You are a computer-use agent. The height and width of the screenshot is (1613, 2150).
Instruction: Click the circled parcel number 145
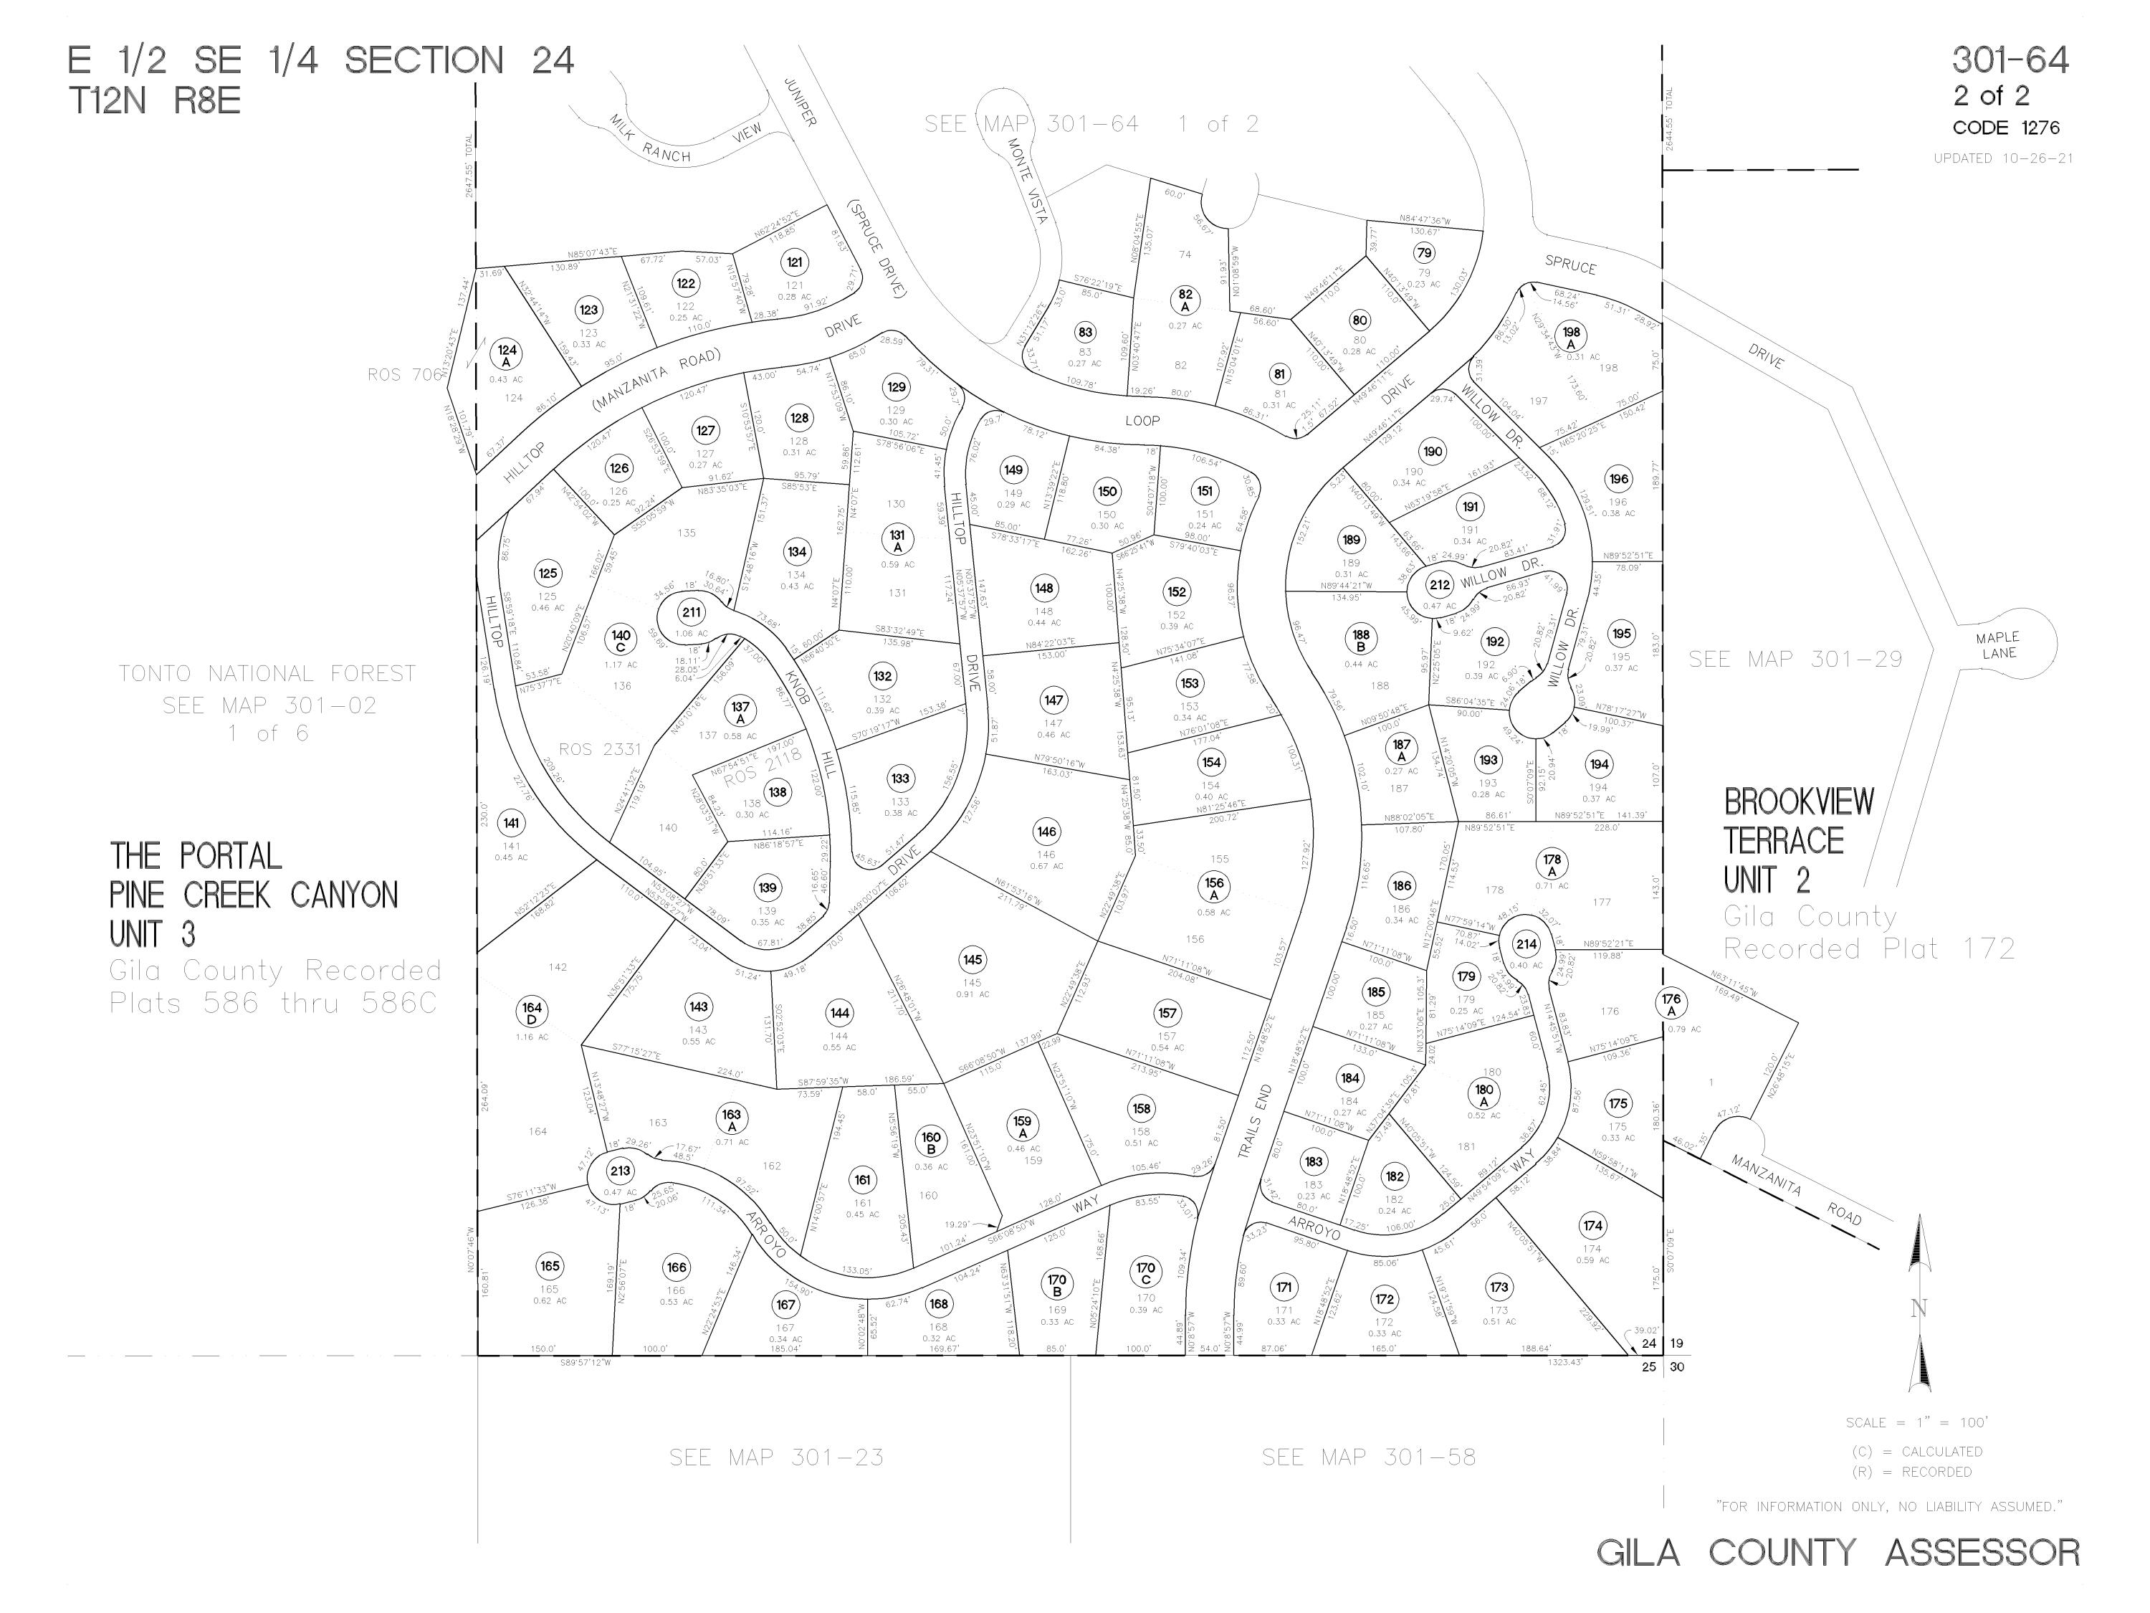(x=972, y=960)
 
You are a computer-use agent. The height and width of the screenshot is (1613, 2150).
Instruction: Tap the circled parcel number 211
(x=691, y=612)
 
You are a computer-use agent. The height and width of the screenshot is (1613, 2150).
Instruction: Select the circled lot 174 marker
(x=1592, y=1225)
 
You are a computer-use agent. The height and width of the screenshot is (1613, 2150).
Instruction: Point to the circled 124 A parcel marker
(x=507, y=355)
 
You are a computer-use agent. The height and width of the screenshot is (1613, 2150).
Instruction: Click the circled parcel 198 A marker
(x=1572, y=336)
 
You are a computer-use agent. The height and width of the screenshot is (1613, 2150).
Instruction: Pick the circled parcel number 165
(x=549, y=1266)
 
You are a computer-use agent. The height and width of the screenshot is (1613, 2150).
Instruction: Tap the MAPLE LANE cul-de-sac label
(x=1997, y=644)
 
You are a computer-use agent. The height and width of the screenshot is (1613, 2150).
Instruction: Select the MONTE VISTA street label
(x=1026, y=181)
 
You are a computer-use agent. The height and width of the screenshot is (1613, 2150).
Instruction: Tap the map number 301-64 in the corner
(x=2010, y=60)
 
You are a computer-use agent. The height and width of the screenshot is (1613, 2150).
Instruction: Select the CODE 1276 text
(x=2005, y=128)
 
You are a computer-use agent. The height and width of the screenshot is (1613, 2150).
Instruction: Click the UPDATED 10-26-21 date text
(x=2002, y=158)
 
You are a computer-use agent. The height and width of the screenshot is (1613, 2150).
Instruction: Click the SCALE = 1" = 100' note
(x=1917, y=1422)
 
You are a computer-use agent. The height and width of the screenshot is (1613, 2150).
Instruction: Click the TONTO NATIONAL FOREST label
(x=267, y=673)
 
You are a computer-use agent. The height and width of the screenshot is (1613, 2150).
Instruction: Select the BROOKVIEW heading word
(x=1798, y=802)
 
